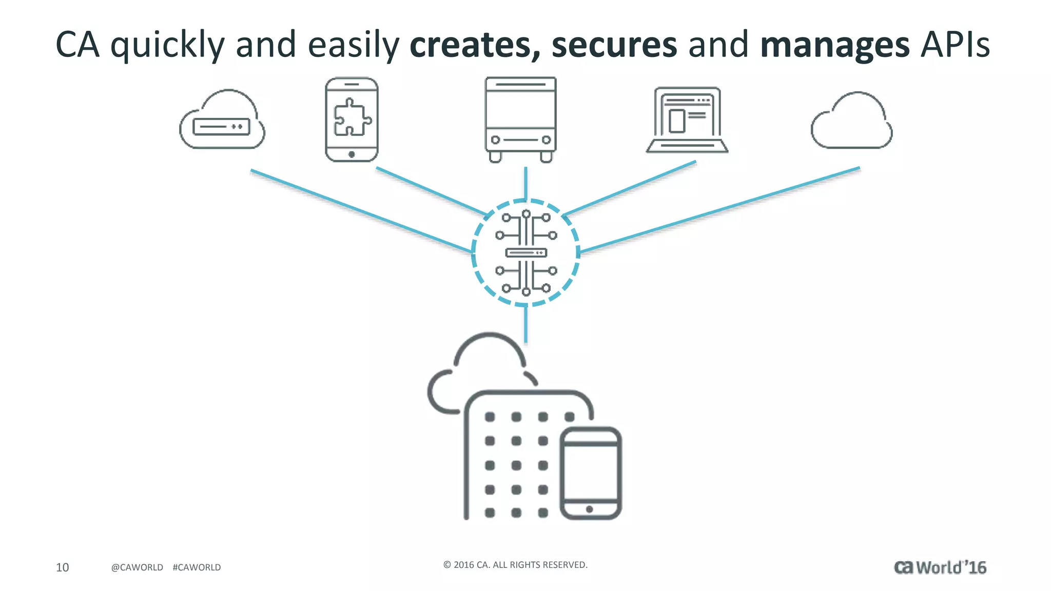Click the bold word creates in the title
pyautogui.click(x=474, y=45)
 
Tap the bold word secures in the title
pyautogui.click(x=614, y=45)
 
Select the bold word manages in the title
pyautogui.click(x=835, y=45)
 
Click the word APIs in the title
pyautogui.click(x=955, y=45)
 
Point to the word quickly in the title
pyautogui.click(x=167, y=45)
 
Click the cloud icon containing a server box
pyautogui.click(x=222, y=121)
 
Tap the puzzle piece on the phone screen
pyautogui.click(x=352, y=117)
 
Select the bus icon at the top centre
pyautogui.click(x=520, y=120)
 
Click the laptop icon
pyautogui.click(x=687, y=121)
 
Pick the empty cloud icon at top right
pyautogui.click(x=852, y=122)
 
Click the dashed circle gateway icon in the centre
pyautogui.click(x=525, y=252)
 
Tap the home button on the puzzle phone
pyautogui.click(x=352, y=154)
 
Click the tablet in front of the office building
pyautogui.click(x=590, y=473)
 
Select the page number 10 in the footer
pyautogui.click(x=62, y=567)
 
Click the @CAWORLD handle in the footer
pyautogui.click(x=137, y=567)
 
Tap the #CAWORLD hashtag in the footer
pyautogui.click(x=197, y=567)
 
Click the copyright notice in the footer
pyautogui.click(x=515, y=565)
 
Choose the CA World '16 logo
pyautogui.click(x=940, y=567)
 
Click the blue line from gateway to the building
pyautogui.click(x=525, y=325)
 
